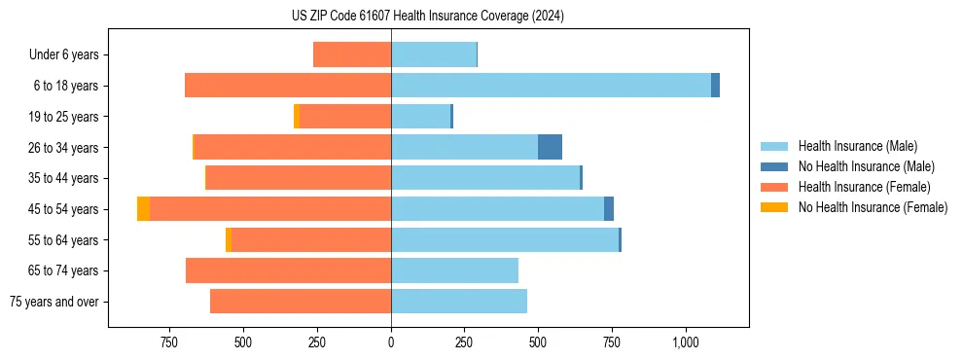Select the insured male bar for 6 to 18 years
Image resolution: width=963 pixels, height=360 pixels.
point(551,86)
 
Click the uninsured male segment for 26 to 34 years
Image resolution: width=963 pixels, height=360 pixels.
point(550,147)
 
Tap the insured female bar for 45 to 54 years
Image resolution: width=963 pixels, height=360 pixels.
point(270,209)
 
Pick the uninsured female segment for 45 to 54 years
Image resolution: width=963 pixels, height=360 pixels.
point(143,209)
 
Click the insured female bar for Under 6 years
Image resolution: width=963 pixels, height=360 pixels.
point(352,54)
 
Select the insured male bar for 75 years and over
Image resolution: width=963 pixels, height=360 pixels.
point(459,302)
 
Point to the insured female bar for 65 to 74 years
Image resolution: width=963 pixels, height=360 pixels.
point(288,270)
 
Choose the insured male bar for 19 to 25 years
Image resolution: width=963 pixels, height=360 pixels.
point(420,117)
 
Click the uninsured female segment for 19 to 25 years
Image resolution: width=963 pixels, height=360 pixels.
point(297,117)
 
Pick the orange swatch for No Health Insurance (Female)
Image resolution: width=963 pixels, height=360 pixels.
point(775,207)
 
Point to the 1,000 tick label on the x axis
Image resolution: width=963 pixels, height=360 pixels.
point(685,342)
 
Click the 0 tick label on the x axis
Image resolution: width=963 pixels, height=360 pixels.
point(391,342)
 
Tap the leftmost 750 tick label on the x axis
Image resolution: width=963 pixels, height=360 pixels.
point(169,342)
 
